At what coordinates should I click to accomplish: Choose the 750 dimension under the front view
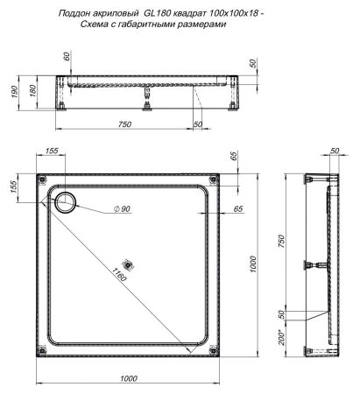point(125,124)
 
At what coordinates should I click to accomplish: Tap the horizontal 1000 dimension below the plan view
point(128,377)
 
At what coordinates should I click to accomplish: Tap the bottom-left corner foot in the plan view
point(42,351)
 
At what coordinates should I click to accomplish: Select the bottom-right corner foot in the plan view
point(213,351)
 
